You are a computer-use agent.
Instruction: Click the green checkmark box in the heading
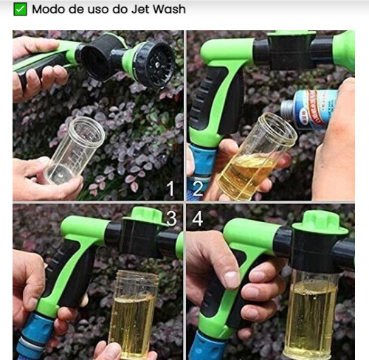coord(20,10)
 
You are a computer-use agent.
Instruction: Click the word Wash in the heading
coord(169,10)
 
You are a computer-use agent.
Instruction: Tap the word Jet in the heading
coord(140,10)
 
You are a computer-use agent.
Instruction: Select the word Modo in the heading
coord(49,10)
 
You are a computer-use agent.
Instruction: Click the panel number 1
coord(170,189)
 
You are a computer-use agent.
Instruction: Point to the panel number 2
coord(198,189)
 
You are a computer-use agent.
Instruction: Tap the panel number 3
coord(171,218)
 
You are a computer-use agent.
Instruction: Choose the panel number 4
coord(198,218)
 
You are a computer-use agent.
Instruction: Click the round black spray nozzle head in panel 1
coord(155,65)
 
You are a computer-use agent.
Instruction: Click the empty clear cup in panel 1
coord(75,150)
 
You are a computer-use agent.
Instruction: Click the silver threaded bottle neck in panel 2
coord(288,108)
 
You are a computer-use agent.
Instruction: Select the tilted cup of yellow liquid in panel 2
coord(257,157)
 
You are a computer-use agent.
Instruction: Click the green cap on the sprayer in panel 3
coord(145,216)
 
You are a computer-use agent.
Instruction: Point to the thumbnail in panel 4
coord(231,280)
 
